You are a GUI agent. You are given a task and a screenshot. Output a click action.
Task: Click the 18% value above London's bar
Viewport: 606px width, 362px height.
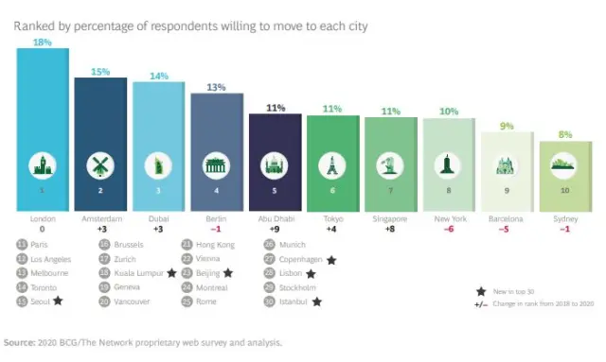(x=42, y=42)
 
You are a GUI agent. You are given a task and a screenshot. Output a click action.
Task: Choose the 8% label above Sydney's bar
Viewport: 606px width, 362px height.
(x=565, y=134)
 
